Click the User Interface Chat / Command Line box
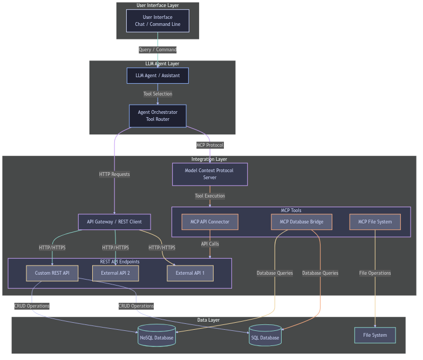pos(158,21)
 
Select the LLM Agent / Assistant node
pos(158,76)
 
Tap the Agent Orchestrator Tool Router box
pos(158,116)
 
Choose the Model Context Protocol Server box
pos(210,174)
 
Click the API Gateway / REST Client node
pos(114,222)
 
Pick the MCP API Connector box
pos(210,222)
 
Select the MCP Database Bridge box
pos(301,222)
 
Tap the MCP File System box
pos(375,222)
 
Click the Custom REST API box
pos(52,273)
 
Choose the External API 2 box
pos(115,273)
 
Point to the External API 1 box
pos(190,273)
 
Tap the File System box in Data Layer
pos(375,335)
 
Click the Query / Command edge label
pos(158,50)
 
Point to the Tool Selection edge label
pos(158,94)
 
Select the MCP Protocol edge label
pos(210,145)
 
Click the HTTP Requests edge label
pos(114,174)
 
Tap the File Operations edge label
pos(375,273)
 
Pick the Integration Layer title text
pos(209,159)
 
